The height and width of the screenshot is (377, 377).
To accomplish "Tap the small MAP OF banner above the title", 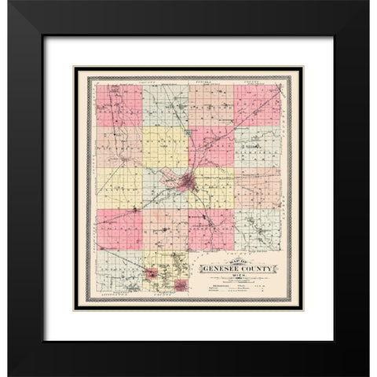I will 233,260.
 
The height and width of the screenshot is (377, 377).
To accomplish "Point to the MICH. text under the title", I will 236,277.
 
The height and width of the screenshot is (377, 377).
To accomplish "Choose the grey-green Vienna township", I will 165,104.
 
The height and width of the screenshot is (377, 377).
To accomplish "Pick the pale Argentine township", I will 119,271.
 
